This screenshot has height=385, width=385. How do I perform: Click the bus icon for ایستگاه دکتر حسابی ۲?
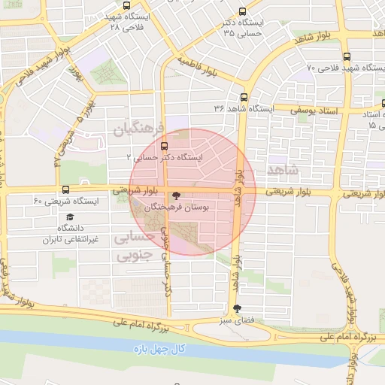point(164,147)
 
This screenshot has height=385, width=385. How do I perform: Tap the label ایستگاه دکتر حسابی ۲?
point(165,159)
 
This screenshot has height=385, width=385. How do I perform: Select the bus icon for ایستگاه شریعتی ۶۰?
point(65,189)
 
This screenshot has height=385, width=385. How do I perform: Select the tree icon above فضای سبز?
point(238,308)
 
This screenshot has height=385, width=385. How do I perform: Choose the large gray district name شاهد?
point(282,167)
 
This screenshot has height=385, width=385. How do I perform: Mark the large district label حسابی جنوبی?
point(134,246)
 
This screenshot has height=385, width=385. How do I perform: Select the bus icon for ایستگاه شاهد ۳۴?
point(244,97)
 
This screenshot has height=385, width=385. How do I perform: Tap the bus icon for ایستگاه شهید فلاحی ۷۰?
point(346,56)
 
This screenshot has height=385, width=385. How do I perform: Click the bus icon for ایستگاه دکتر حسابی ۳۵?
point(241,11)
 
